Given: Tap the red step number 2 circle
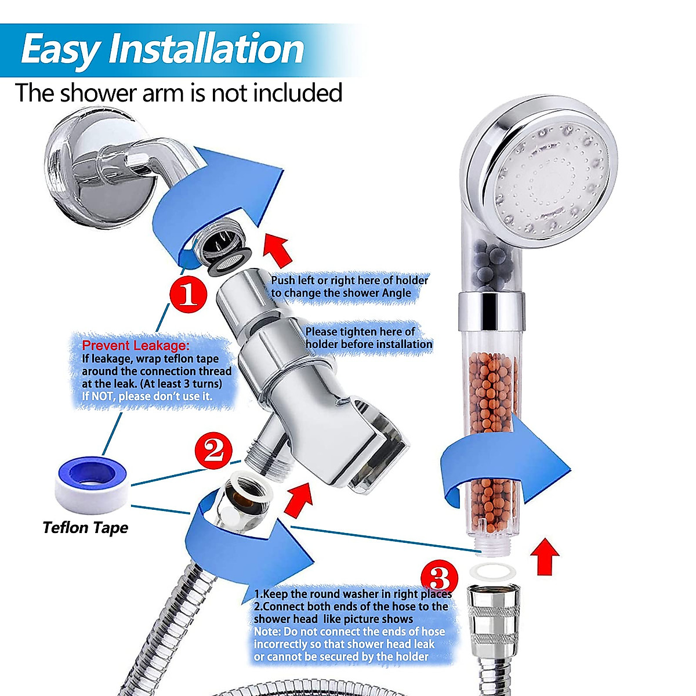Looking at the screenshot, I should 213,449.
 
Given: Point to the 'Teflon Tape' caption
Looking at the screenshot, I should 85,528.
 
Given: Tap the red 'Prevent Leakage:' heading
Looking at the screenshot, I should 132,346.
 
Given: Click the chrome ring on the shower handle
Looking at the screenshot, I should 491,309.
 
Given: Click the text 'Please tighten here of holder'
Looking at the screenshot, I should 360,332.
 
